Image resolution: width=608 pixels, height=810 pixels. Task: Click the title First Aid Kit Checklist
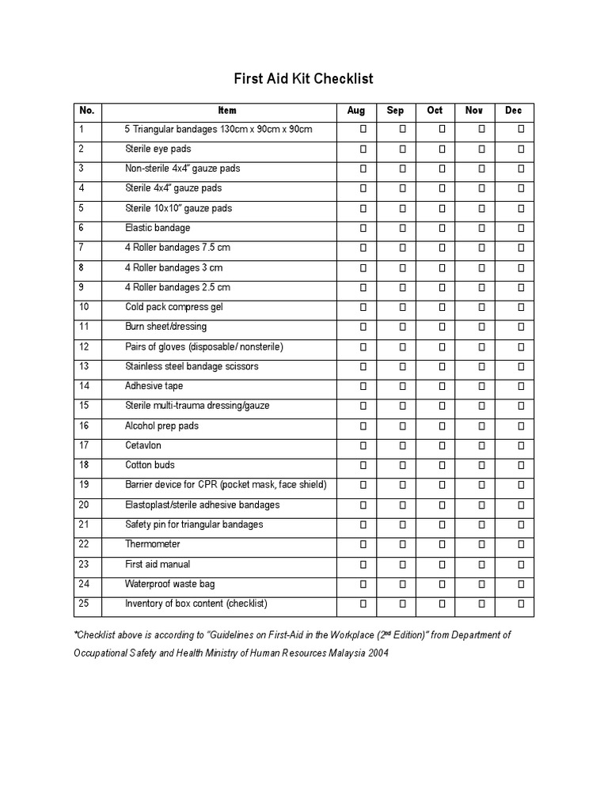click(303, 79)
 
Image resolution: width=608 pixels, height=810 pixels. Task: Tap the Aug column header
click(356, 111)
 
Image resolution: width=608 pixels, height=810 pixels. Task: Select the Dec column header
click(514, 111)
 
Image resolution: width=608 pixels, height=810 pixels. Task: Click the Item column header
click(227, 111)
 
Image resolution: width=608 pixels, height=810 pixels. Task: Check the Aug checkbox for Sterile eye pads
click(363, 149)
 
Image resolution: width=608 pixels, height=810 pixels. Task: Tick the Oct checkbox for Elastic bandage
click(443, 228)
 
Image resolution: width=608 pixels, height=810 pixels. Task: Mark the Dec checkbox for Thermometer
click(521, 544)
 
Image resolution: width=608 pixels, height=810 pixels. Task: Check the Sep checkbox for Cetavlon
click(402, 445)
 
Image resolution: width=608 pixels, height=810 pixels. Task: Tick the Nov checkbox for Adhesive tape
click(481, 386)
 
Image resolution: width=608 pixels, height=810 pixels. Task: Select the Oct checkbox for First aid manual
click(443, 564)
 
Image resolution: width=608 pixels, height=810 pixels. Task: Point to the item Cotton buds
click(150, 465)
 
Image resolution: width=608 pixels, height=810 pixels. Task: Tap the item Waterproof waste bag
click(169, 584)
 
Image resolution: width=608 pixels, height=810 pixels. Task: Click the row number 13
click(84, 366)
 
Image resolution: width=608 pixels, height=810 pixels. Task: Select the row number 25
click(84, 604)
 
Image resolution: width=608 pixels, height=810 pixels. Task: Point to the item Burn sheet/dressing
click(165, 327)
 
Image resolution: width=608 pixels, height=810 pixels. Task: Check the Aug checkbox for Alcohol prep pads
click(363, 426)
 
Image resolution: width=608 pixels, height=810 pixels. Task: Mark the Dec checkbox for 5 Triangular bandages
click(521, 129)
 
